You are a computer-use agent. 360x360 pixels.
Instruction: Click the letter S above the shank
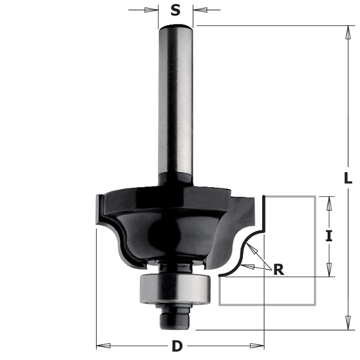tap(175, 10)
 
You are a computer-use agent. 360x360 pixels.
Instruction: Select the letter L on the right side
tap(348, 178)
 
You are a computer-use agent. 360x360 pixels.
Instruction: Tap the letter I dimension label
tap(329, 236)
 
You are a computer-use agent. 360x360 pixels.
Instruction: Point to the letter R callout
tap(279, 269)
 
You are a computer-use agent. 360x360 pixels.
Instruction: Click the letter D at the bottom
tap(177, 346)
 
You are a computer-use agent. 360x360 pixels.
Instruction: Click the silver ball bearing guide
tap(175, 289)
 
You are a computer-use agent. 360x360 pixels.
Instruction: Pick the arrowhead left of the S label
tap(151, 10)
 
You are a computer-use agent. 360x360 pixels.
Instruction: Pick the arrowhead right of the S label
tap(200, 10)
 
